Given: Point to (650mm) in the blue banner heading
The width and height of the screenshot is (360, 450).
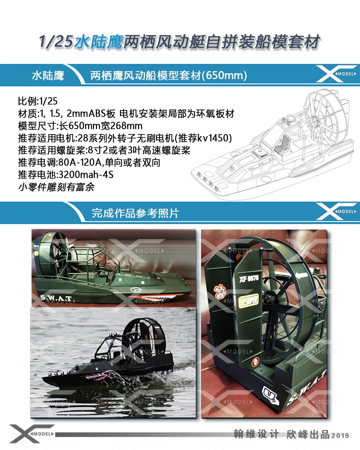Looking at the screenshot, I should [225, 76].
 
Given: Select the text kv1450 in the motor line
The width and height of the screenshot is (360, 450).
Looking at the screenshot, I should [215, 138].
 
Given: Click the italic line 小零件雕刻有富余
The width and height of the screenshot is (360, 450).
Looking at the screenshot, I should [56, 187].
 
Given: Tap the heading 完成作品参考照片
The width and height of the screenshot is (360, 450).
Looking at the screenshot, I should [135, 213].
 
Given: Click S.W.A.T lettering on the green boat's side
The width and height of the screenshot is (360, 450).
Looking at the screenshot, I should [55, 298].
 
